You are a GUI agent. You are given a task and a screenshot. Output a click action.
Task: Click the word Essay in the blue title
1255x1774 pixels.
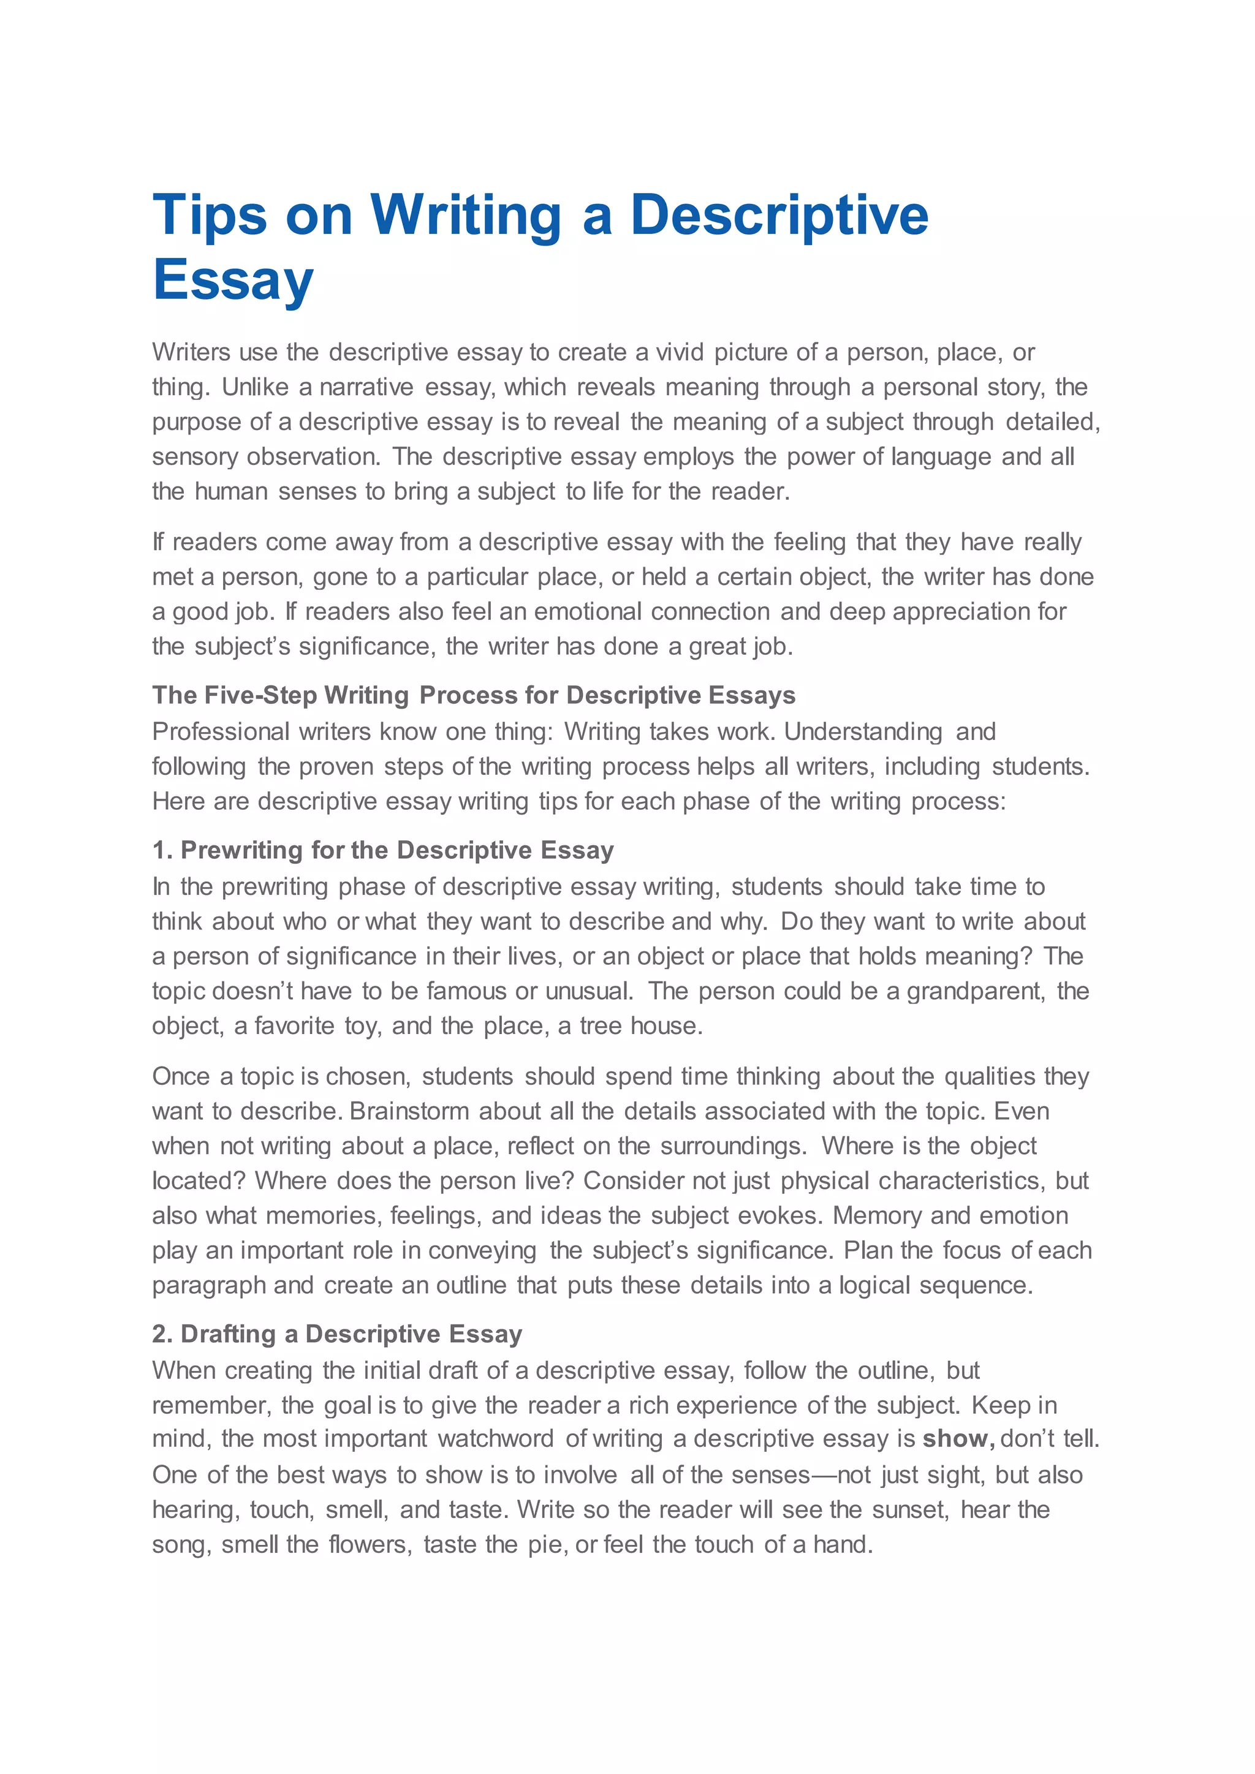[233, 280]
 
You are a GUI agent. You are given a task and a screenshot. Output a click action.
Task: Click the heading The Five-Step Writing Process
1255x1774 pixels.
[473, 695]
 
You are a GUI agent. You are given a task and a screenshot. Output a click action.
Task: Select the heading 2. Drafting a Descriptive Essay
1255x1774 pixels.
[337, 1334]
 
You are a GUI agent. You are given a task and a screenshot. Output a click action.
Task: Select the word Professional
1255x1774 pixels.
[221, 731]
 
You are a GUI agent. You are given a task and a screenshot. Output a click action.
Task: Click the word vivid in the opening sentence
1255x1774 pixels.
[680, 352]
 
